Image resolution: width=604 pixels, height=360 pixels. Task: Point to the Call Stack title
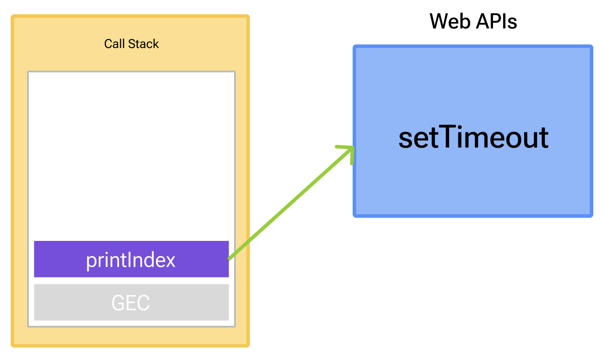pos(131,44)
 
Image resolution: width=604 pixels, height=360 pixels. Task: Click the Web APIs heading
pos(473,21)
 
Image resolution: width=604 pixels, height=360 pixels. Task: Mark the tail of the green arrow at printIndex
pos(230,257)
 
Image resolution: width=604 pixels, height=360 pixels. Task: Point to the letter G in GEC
pos(118,303)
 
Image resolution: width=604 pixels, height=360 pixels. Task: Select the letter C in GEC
pos(143,303)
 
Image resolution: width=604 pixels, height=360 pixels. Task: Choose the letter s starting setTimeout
pos(406,139)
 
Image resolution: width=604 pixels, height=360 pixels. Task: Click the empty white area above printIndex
pos(131,156)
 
